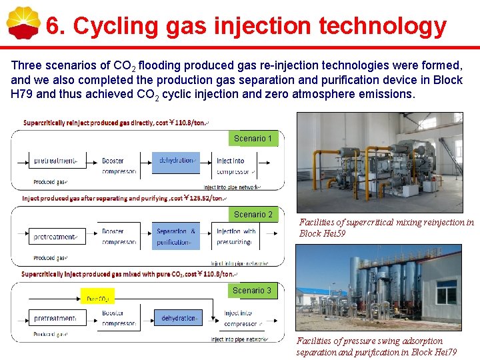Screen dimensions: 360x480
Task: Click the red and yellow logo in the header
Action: pyautogui.click(x=23, y=24)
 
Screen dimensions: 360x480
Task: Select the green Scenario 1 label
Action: pyautogui.click(x=252, y=139)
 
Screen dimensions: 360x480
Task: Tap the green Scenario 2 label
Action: pyautogui.click(x=253, y=215)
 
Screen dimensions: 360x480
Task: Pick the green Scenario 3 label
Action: pyautogui.click(x=251, y=291)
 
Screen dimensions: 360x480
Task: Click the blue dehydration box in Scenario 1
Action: pyautogui.click(x=177, y=161)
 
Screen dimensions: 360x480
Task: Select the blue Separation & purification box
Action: pyautogui.click(x=176, y=237)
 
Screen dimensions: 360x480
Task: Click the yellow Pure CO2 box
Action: pyautogui.click(x=97, y=298)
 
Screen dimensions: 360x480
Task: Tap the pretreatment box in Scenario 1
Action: pyautogui.click(x=56, y=161)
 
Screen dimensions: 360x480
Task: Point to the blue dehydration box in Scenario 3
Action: pyautogui.click(x=178, y=318)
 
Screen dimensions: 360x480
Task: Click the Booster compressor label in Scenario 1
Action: pyautogui.click(x=119, y=166)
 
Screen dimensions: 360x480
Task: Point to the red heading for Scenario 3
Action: pyautogui.click(x=127, y=274)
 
